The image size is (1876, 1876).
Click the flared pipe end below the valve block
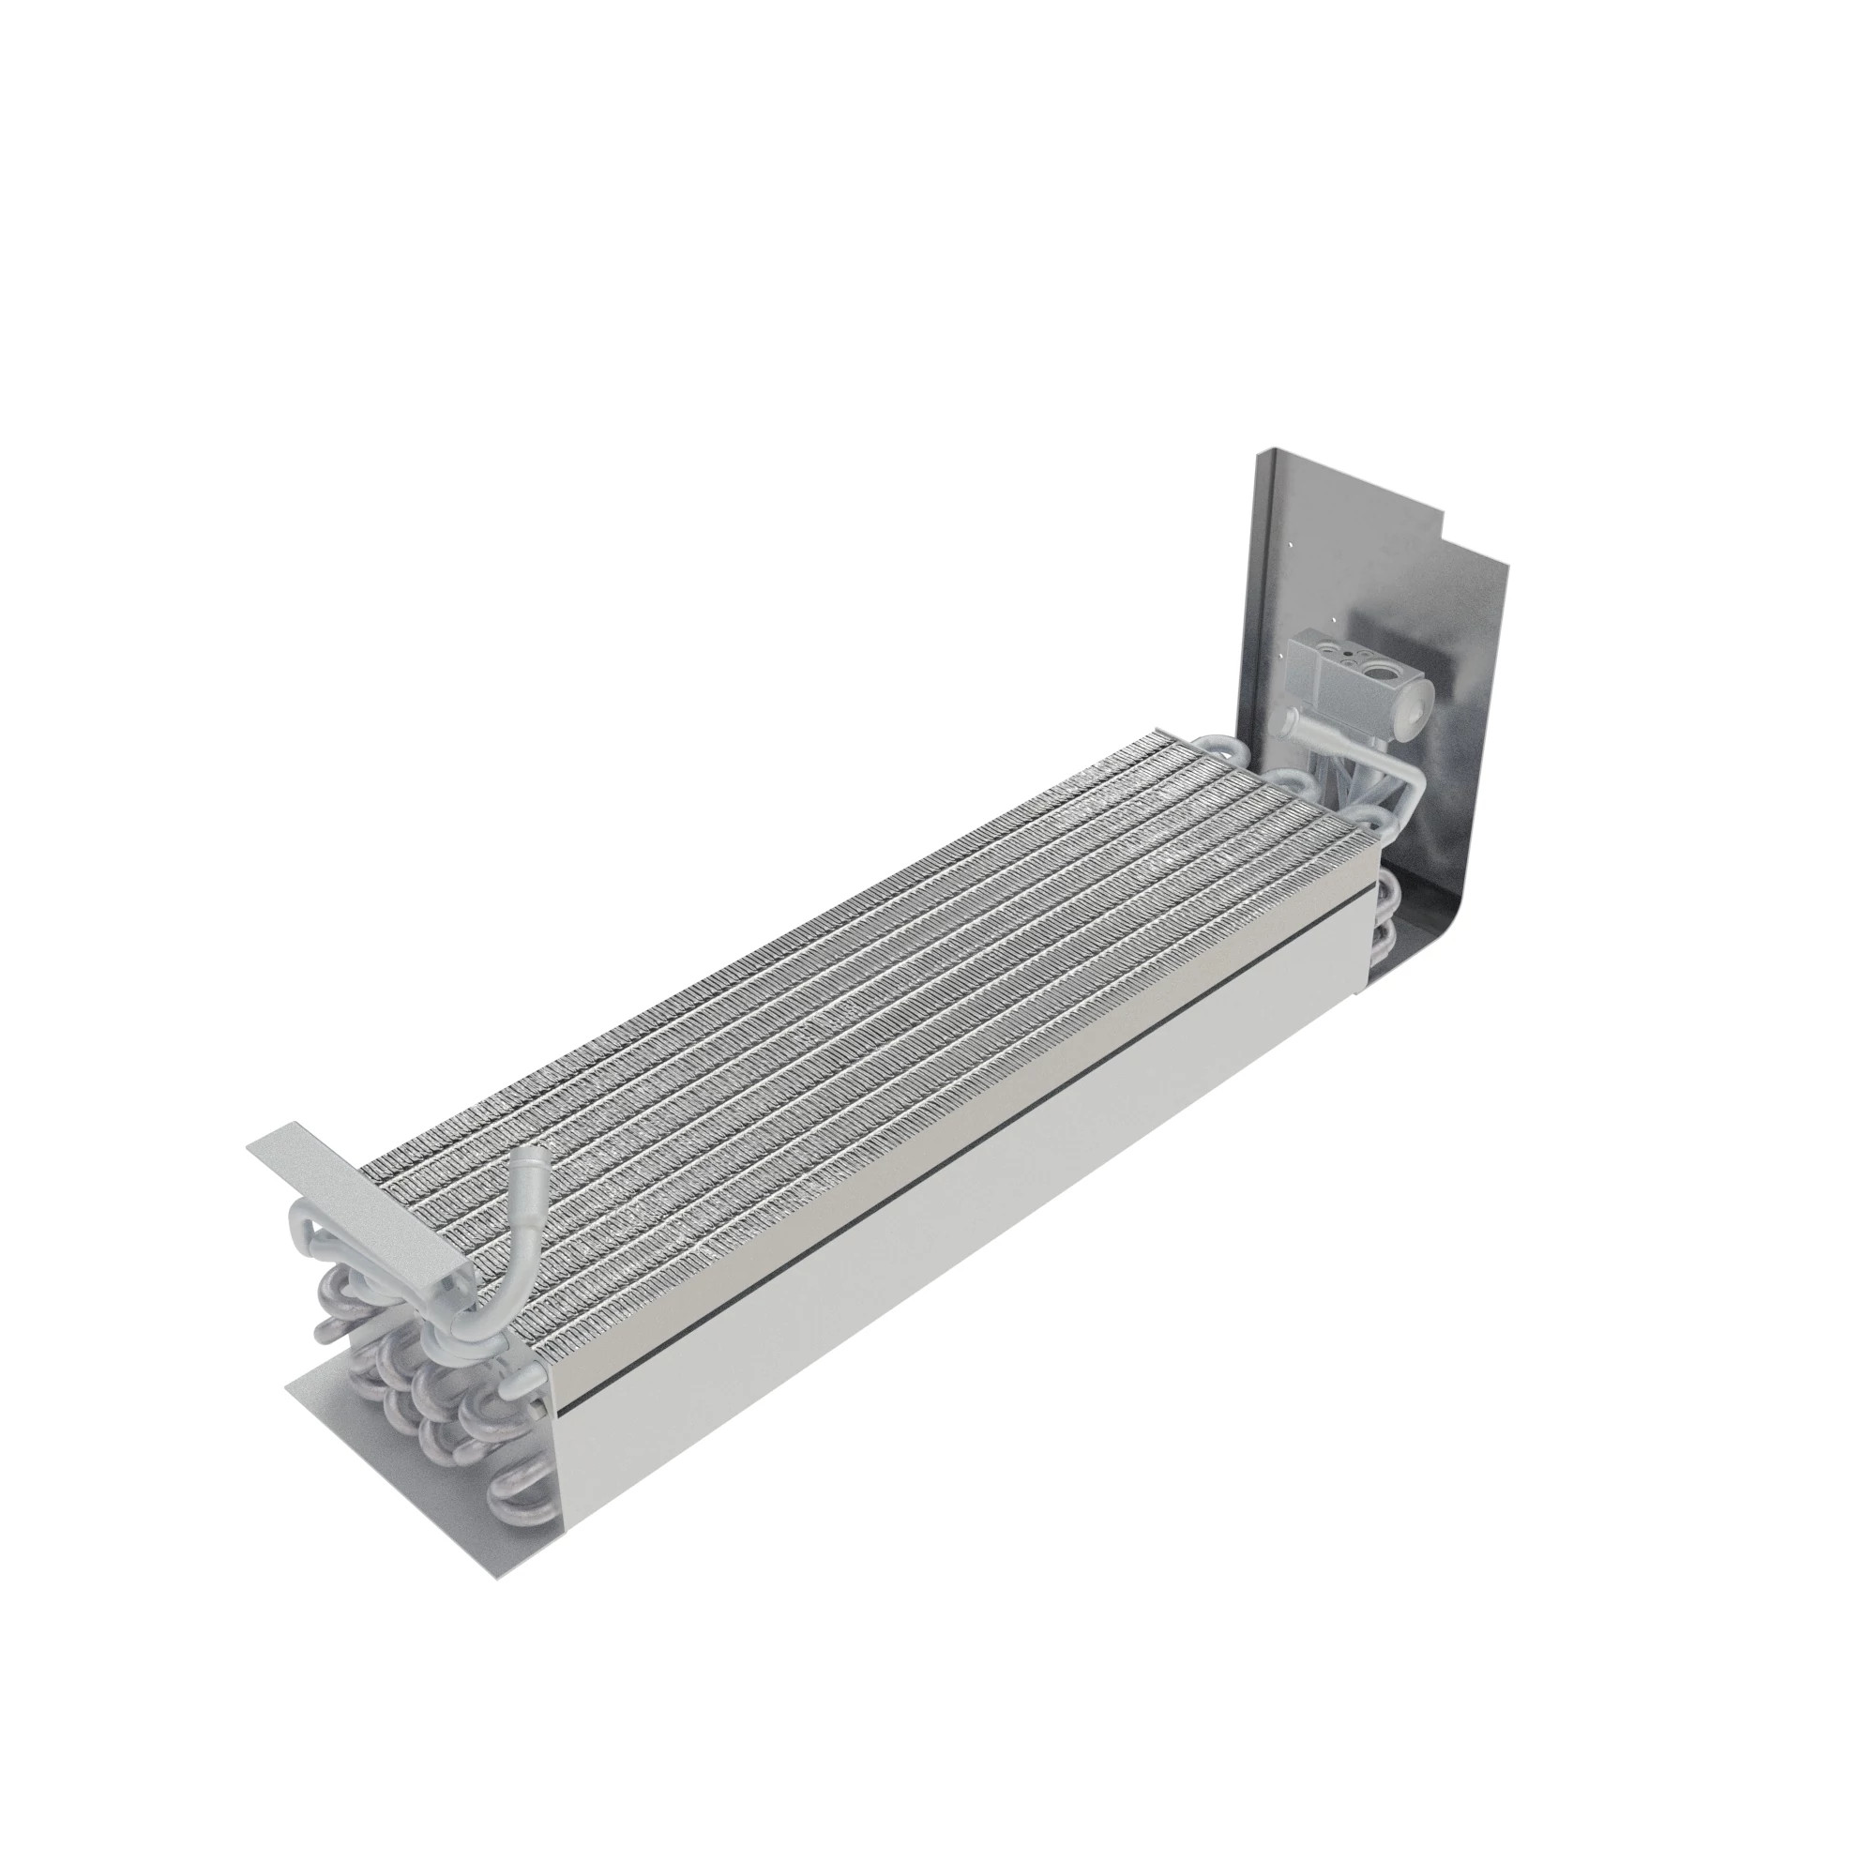[x=1292, y=721]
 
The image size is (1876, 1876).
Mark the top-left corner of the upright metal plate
[x=1260, y=451]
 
